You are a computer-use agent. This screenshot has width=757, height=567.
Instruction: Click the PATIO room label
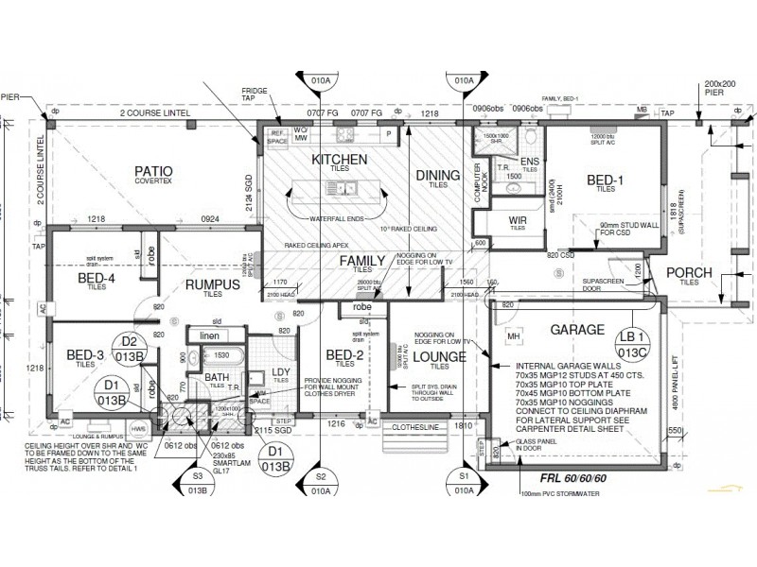click(152, 172)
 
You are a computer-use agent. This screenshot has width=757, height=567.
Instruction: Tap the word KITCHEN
click(339, 161)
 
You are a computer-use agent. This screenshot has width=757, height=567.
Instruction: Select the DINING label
click(437, 175)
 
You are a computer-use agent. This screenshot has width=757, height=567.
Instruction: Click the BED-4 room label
click(96, 277)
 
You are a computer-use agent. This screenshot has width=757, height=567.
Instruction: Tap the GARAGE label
click(572, 331)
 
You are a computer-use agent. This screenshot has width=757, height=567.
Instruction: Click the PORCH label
click(688, 274)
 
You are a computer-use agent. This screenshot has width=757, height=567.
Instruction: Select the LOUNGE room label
click(439, 356)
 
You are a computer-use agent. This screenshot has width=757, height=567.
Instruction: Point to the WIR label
click(517, 220)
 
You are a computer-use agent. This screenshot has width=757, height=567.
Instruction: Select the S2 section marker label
click(321, 477)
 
